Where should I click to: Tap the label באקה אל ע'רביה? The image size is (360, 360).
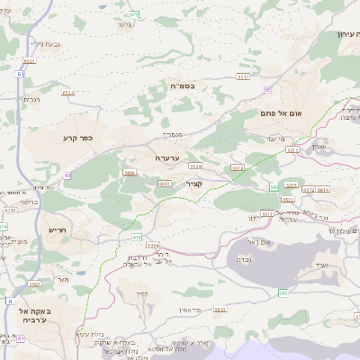click(32, 315)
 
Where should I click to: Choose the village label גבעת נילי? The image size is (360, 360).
click(44, 42)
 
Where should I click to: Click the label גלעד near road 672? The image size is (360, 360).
click(124, 23)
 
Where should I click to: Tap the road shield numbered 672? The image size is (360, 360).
click(134, 14)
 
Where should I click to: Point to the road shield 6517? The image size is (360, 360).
click(243, 77)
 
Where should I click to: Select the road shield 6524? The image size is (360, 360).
click(195, 166)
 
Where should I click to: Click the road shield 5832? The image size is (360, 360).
click(220, 309)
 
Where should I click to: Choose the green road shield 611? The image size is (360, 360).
click(137, 237)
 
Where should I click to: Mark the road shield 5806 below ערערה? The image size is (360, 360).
click(130, 173)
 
